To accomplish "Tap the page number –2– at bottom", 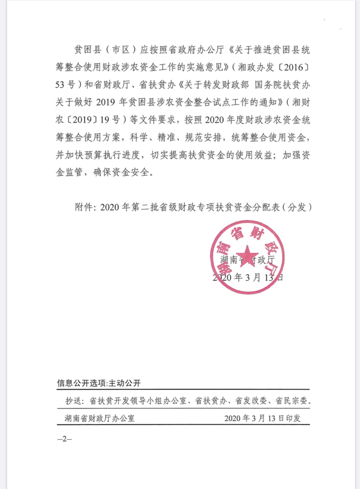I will (x=64, y=439).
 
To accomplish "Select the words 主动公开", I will (x=125, y=383).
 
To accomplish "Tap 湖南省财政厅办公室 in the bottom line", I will (x=100, y=418).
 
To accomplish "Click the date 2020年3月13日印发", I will (x=262, y=418).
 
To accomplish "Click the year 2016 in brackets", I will (x=294, y=68).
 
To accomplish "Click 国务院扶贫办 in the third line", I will (x=282, y=85).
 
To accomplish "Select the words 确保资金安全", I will (x=121, y=172).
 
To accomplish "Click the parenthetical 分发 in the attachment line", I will (x=297, y=207).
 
